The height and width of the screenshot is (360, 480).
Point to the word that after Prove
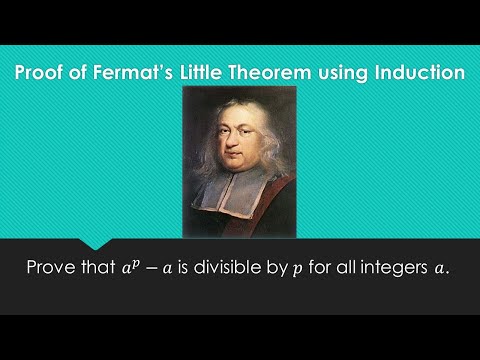[x=108, y=269]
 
